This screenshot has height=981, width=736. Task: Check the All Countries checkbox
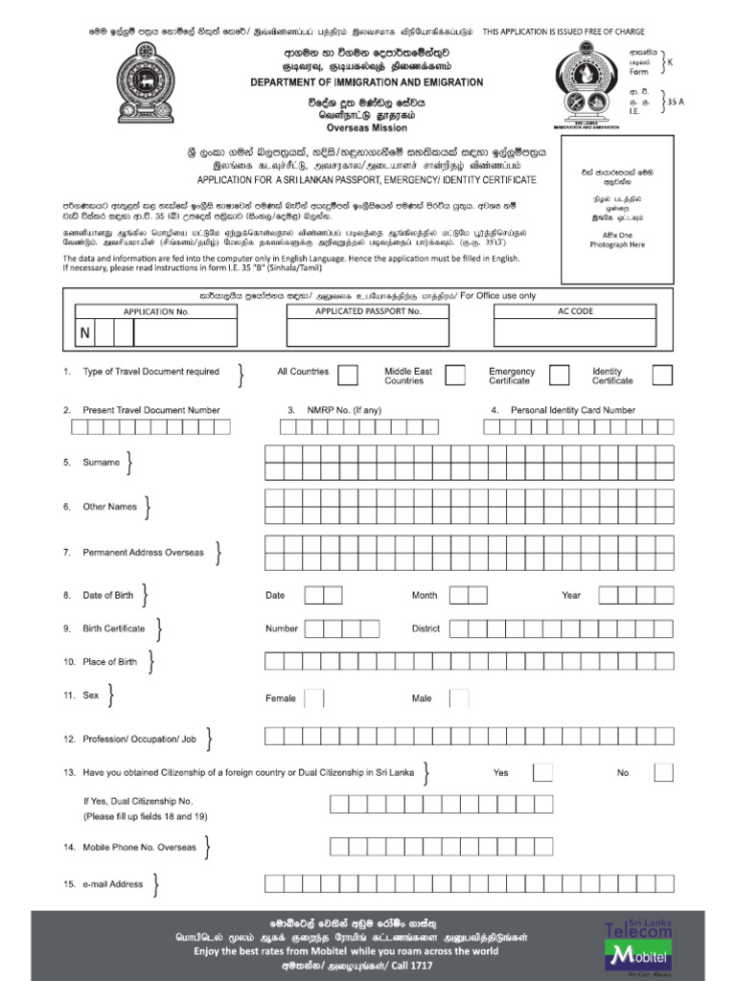[x=349, y=375]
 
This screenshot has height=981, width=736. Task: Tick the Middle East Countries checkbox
[x=455, y=375]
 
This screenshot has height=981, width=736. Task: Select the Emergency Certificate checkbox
[x=559, y=375]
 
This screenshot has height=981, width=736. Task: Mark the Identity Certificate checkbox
[x=662, y=375]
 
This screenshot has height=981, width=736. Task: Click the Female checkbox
[x=317, y=698]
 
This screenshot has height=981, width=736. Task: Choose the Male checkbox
[x=459, y=698]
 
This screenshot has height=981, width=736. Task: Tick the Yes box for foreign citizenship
[x=542, y=772]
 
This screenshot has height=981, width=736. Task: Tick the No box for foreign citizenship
[x=662, y=772]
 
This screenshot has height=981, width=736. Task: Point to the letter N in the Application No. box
[x=85, y=332]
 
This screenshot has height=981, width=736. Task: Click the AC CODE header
[x=576, y=311]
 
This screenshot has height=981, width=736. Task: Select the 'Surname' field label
[x=101, y=463]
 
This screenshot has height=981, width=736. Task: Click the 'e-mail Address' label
[x=112, y=884]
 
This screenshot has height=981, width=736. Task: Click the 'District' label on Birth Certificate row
[x=425, y=629]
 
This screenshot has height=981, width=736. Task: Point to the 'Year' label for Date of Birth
[x=571, y=595]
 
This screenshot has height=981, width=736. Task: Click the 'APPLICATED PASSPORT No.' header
[x=368, y=311]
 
